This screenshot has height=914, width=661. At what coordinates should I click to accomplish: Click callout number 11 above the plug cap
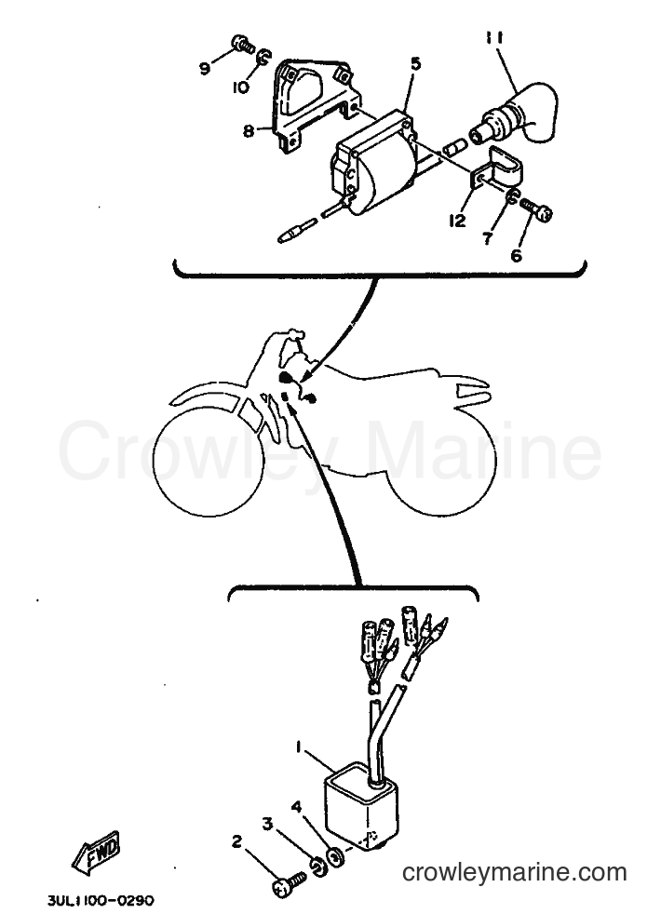(495, 38)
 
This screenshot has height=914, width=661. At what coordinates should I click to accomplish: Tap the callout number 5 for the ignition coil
(415, 64)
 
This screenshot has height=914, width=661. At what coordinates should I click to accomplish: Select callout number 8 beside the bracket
(249, 131)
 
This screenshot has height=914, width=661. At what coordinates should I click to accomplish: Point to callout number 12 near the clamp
(458, 221)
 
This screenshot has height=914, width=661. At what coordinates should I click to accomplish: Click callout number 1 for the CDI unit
(299, 746)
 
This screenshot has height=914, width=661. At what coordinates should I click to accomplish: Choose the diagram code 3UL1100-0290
(101, 901)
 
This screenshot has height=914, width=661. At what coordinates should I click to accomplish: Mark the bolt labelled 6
(535, 210)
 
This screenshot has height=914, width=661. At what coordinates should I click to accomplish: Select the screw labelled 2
(290, 882)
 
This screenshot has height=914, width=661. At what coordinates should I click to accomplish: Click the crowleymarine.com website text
(515, 873)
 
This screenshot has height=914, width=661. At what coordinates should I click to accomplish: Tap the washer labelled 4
(335, 856)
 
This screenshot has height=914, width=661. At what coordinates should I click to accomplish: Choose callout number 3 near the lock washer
(267, 824)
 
